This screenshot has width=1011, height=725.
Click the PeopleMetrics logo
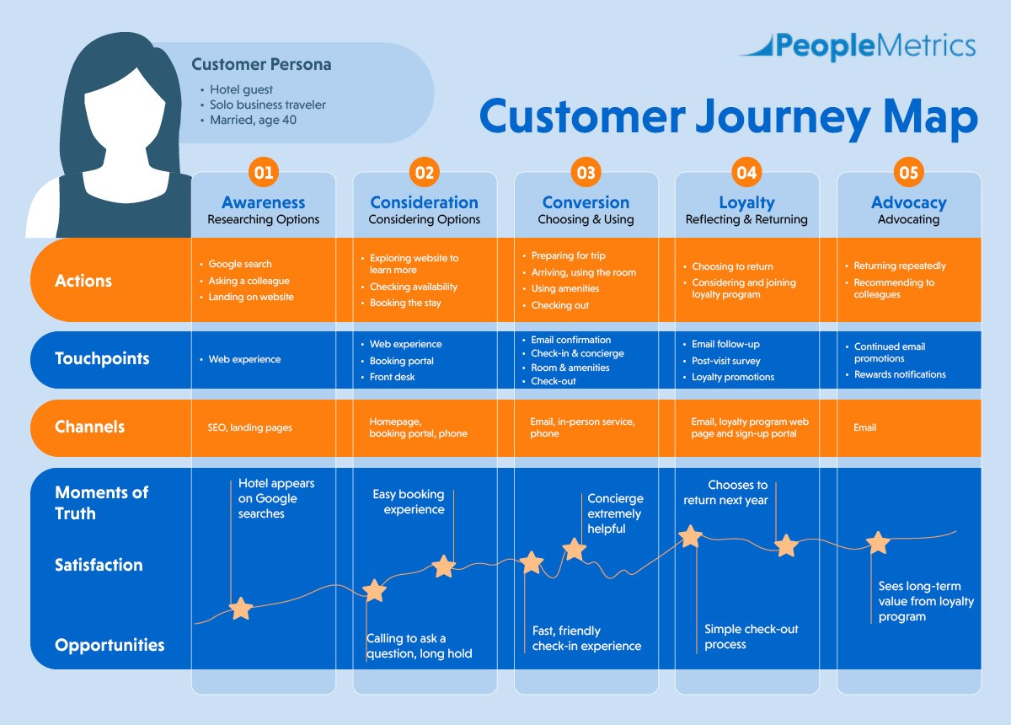[x=858, y=46]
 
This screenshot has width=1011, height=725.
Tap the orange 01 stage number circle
[x=264, y=173]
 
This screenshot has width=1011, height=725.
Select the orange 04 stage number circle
[x=746, y=173]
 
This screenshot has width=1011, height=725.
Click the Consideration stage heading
[x=424, y=202]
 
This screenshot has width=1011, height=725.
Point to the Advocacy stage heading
[x=908, y=202]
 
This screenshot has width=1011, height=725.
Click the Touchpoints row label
[x=102, y=358]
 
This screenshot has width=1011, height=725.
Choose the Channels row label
[x=89, y=427]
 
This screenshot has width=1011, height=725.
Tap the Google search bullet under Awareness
[x=240, y=264]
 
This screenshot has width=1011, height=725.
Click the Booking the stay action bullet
[x=405, y=303]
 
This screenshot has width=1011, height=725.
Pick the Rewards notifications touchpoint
[x=900, y=374]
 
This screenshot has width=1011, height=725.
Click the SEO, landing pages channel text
[x=250, y=427]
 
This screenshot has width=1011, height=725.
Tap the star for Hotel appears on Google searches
[x=241, y=608]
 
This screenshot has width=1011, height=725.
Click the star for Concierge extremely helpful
[x=574, y=550]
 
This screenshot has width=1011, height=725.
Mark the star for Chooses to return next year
[x=786, y=545]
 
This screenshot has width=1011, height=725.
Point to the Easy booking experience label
[x=409, y=502]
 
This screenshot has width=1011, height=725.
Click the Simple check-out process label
[x=752, y=636]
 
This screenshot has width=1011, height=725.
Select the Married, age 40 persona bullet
[x=253, y=120]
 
